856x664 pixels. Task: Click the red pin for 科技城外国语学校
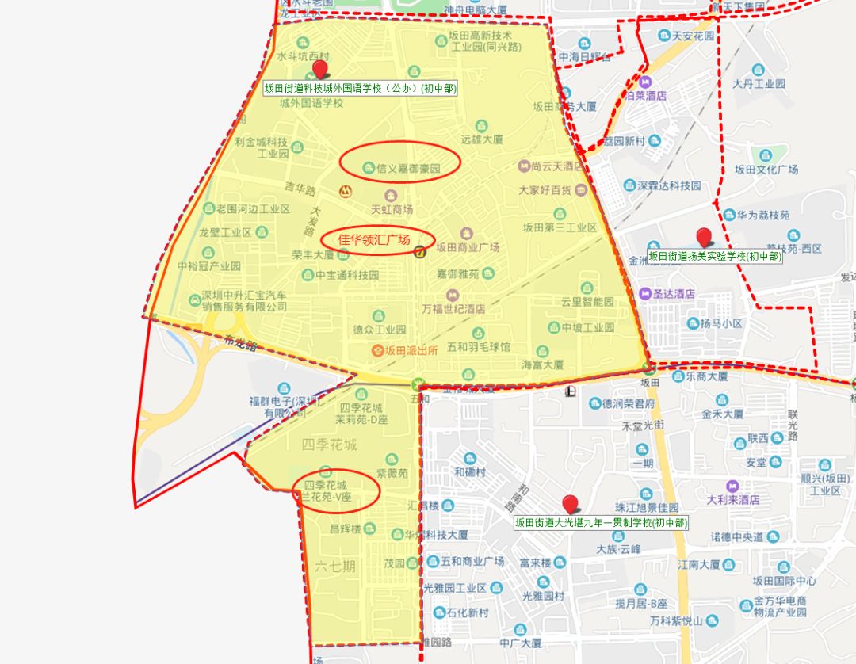[x=320, y=69]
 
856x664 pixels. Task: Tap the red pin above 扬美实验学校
[x=703, y=237]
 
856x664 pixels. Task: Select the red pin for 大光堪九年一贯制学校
[x=569, y=503]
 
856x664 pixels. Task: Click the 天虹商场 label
[x=392, y=209]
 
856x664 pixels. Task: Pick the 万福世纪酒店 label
[x=453, y=308]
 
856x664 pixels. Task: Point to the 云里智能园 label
[x=587, y=302]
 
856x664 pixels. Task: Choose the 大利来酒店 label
[x=733, y=500]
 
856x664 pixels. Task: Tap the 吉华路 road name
[x=300, y=190]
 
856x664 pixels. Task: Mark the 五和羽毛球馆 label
[x=479, y=346]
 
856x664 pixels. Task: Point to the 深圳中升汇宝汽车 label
[x=245, y=295]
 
